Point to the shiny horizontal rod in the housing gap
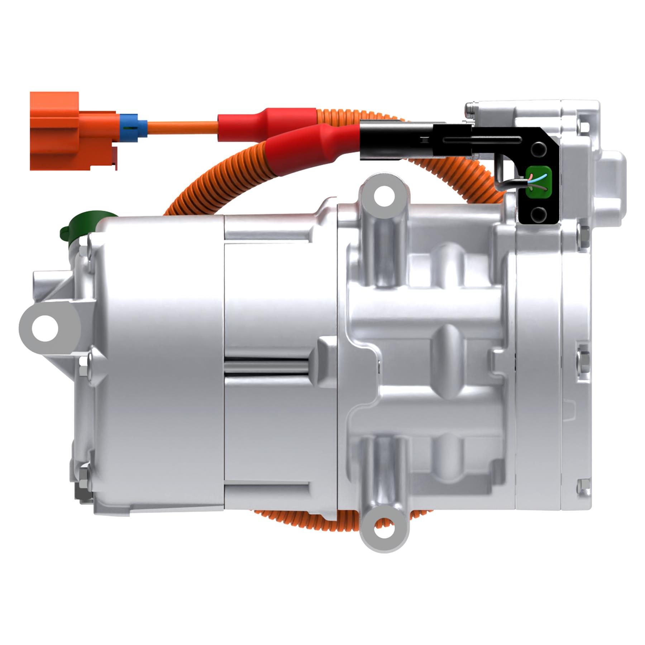[267, 367]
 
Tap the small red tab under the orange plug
[114, 159]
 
